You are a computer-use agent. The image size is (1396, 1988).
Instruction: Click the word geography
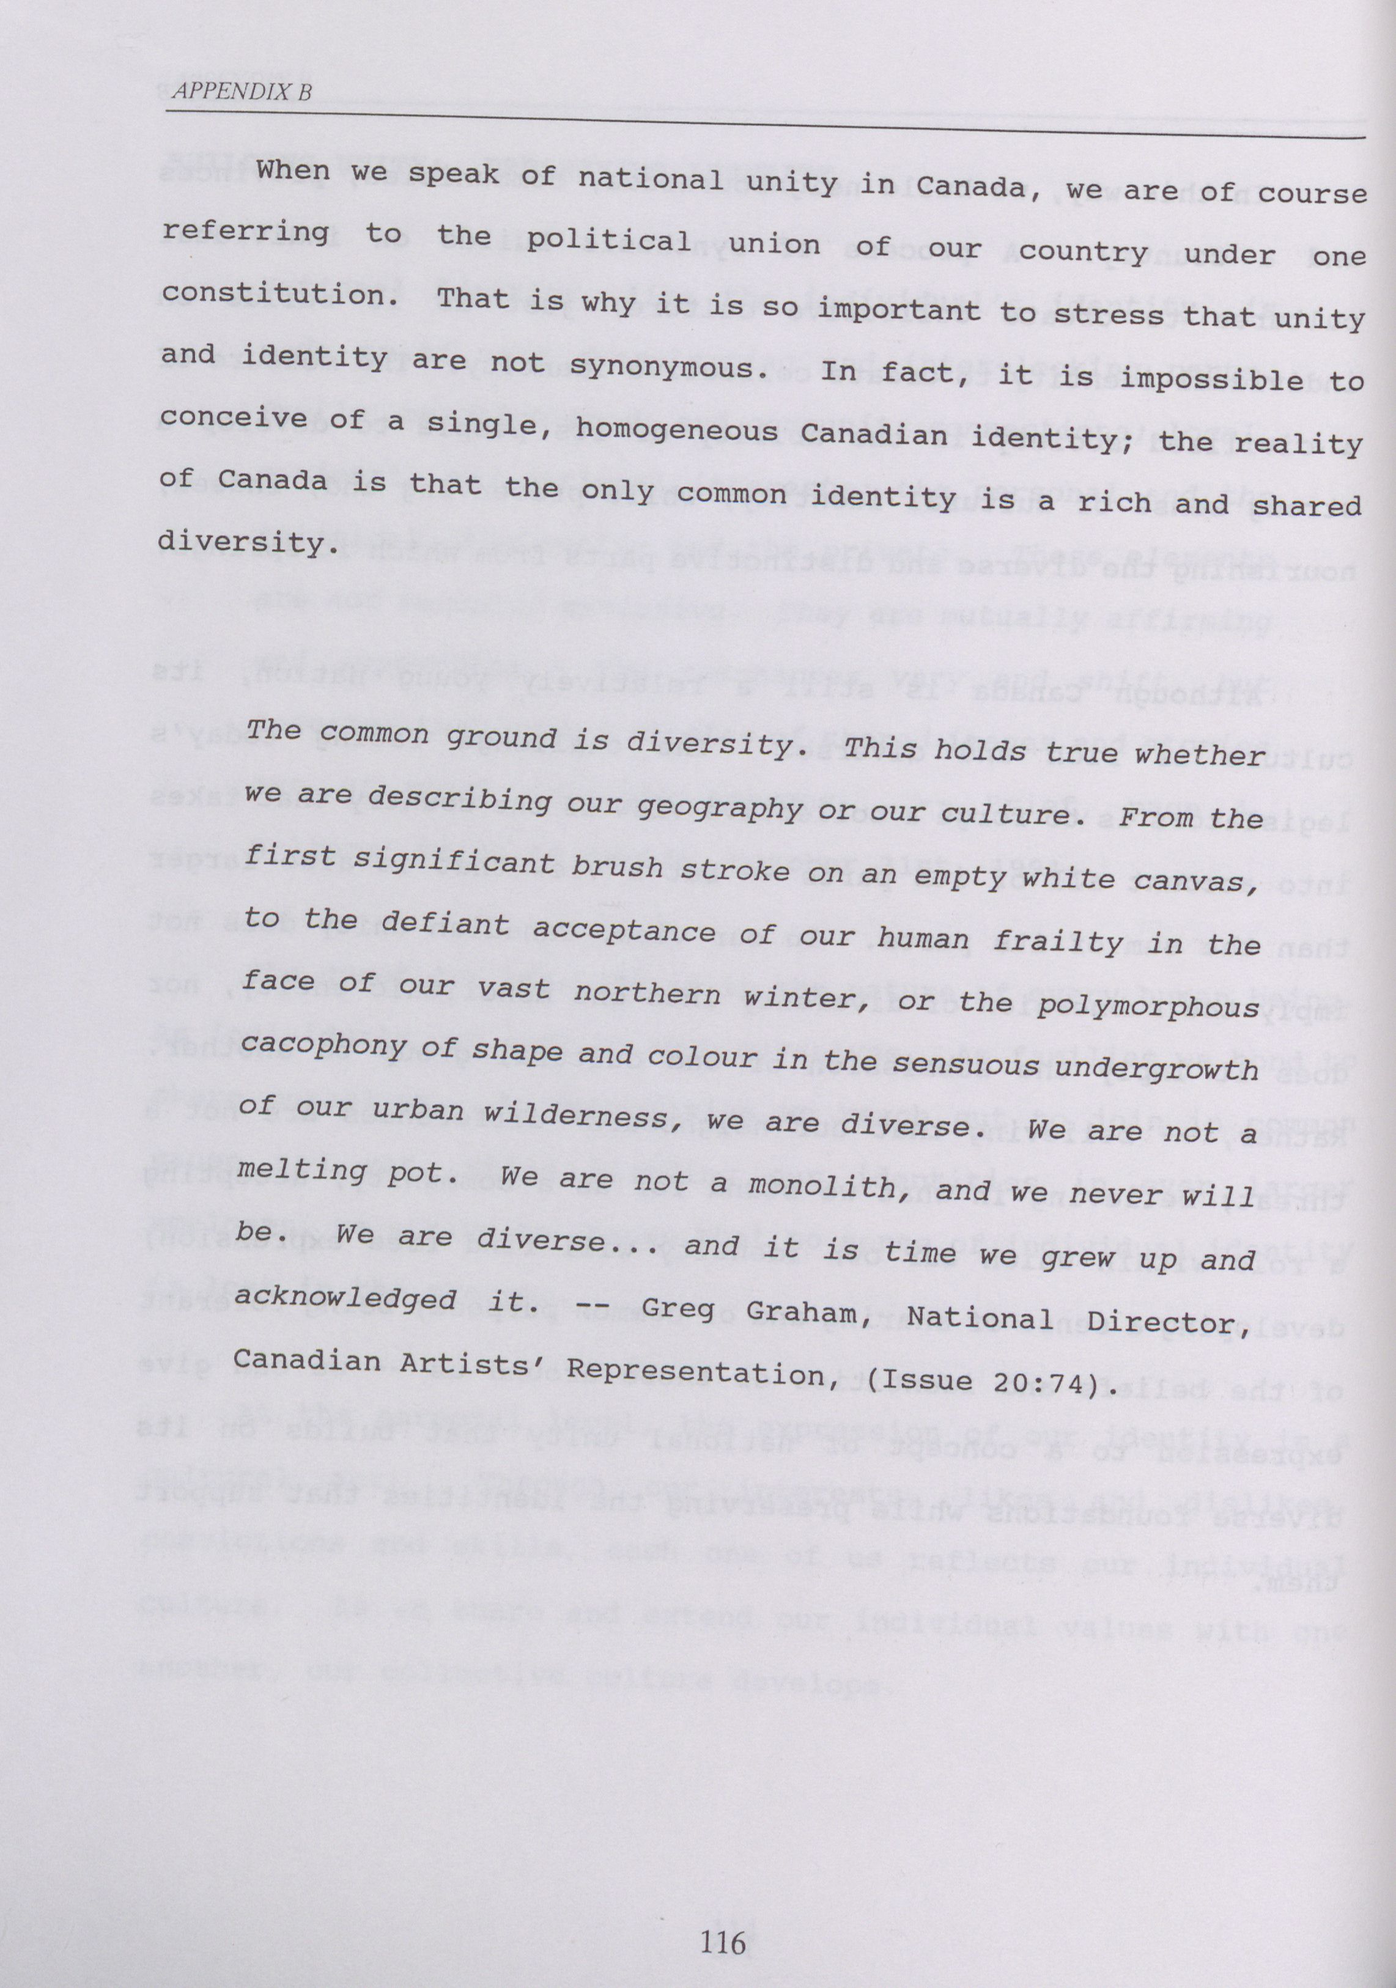coord(718,807)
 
